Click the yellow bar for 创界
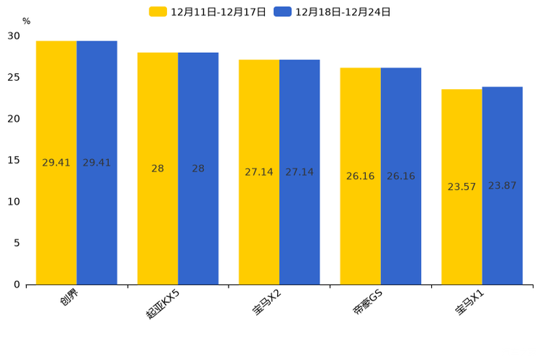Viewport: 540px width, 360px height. point(57,163)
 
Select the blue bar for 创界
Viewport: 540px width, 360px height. point(97,163)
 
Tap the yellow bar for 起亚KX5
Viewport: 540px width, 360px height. point(157,169)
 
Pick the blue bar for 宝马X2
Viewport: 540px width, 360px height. point(300,172)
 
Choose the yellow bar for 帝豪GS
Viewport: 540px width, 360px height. point(361,176)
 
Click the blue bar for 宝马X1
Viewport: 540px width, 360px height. point(502,186)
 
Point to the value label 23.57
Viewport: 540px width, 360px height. point(462,187)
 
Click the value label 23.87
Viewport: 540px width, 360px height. point(502,186)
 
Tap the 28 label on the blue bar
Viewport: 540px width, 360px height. point(198,168)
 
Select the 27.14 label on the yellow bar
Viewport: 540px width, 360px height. point(259,172)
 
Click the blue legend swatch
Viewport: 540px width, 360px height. point(282,12)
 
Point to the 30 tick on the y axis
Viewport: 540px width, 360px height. point(14,36)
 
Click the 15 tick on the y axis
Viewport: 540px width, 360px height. point(14,160)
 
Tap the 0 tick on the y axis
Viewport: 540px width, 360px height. point(17,285)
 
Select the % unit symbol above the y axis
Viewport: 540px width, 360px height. point(27,21)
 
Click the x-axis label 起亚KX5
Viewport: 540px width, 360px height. point(162,304)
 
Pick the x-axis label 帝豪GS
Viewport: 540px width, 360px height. point(367,302)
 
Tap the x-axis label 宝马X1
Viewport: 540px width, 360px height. point(470,302)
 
